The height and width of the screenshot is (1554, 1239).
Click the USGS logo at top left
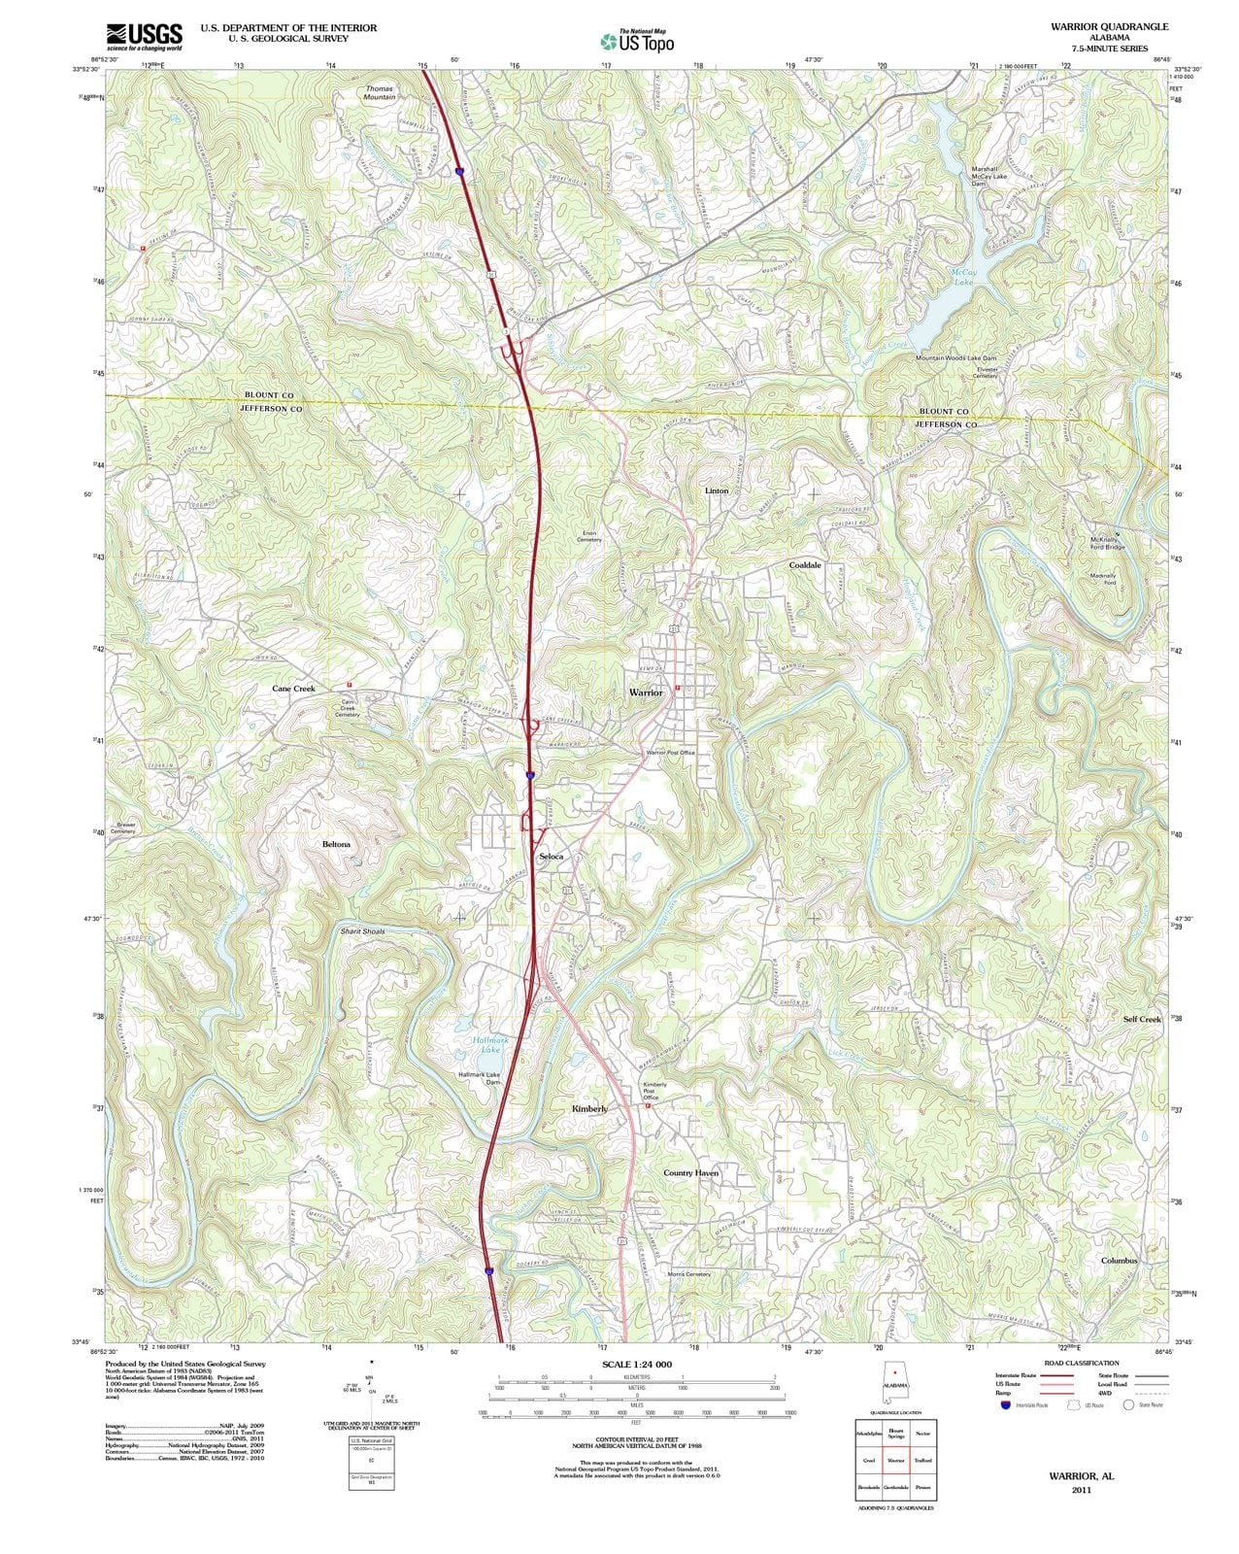click(x=144, y=36)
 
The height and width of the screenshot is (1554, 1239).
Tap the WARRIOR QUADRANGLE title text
click(x=1108, y=27)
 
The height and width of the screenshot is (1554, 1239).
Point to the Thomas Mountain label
click(x=380, y=93)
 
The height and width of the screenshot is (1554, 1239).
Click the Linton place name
click(x=717, y=491)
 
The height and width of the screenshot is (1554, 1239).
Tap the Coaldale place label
click(x=805, y=564)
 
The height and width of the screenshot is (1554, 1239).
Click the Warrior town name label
click(x=646, y=693)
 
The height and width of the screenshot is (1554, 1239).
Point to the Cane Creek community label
click(x=293, y=689)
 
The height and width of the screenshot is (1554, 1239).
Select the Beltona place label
click(x=336, y=845)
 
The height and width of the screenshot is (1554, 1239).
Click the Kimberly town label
click(x=590, y=1108)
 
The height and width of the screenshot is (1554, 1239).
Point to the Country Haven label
click(x=690, y=1173)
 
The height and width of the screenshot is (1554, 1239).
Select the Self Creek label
click(x=1142, y=1019)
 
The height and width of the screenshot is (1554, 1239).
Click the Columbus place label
click(x=1119, y=1261)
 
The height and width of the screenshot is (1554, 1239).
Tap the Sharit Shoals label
click(x=362, y=931)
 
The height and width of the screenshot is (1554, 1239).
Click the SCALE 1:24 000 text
click(x=636, y=1366)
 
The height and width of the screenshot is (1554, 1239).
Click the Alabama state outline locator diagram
click(x=895, y=1383)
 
